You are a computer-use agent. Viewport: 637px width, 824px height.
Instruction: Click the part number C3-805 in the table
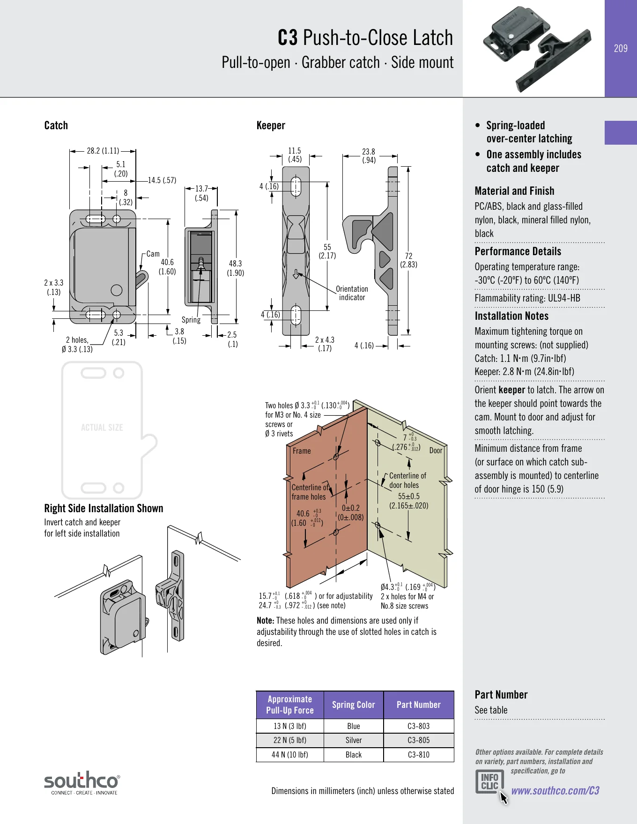418,740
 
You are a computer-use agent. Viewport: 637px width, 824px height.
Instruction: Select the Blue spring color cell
354,726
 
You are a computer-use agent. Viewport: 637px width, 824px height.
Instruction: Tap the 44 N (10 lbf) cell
290,755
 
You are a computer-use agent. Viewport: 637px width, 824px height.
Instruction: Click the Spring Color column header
354,705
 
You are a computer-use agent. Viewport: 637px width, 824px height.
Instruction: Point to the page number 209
621,48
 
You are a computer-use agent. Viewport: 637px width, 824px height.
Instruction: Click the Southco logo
81,783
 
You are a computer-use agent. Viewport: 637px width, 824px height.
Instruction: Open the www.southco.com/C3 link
555,791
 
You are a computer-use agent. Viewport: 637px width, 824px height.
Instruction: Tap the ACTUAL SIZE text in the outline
102,427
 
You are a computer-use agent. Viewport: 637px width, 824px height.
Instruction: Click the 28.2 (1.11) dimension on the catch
103,151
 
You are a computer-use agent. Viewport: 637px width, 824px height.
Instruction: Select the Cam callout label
153,254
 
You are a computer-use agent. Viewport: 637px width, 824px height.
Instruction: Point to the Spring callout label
191,320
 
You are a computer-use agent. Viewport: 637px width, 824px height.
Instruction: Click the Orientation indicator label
352,293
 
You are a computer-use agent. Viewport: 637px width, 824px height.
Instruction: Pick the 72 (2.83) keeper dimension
408,260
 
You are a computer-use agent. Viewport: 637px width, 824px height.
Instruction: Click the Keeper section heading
271,125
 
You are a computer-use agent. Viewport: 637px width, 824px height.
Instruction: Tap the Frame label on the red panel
302,451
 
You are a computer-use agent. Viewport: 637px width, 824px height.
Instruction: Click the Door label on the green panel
436,450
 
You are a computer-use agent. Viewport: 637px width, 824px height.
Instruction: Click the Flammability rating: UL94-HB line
527,298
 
